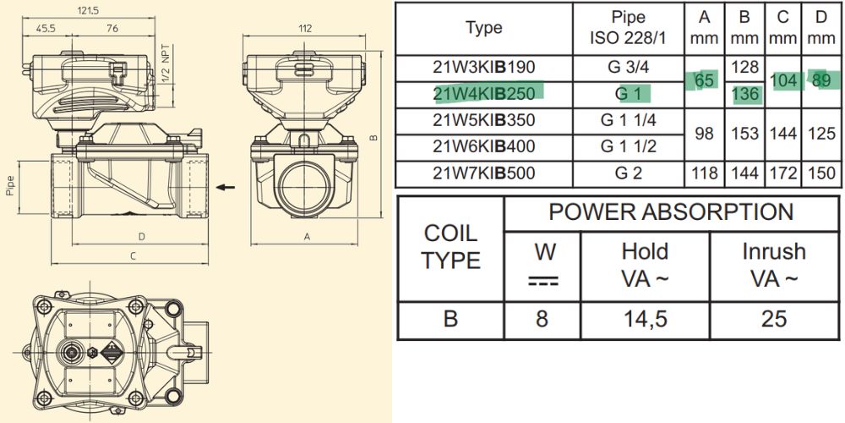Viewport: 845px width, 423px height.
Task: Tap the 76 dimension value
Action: coord(112,28)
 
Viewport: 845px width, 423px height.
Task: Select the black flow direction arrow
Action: coord(223,185)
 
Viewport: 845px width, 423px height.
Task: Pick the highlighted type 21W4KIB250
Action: coord(484,92)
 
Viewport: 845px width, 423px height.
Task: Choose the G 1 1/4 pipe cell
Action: coord(628,119)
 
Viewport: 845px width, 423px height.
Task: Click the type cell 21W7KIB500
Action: coord(484,173)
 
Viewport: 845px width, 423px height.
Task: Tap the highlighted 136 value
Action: coord(744,93)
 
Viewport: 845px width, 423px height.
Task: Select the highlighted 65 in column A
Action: coord(704,80)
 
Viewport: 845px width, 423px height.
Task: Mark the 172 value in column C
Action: coord(782,173)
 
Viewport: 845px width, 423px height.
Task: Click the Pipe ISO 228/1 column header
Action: coord(628,28)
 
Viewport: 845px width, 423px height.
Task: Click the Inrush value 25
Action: coord(773,318)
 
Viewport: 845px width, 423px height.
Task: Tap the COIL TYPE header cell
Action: coord(450,246)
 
